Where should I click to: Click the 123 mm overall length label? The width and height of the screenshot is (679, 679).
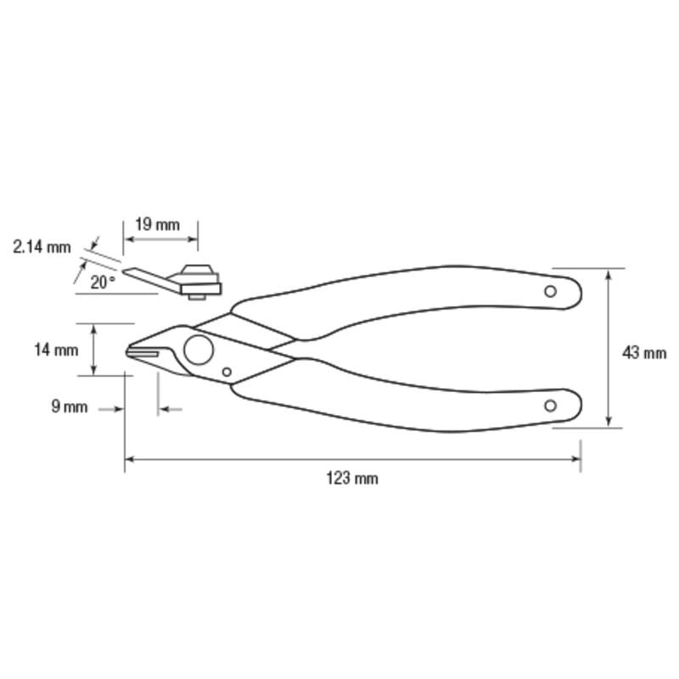pyautogui.click(x=352, y=479)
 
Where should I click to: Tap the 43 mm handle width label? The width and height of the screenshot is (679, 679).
pyautogui.click(x=644, y=353)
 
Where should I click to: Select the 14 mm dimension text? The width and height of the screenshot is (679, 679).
pyautogui.click(x=56, y=350)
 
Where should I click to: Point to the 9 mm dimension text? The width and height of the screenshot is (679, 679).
pyautogui.click(x=70, y=407)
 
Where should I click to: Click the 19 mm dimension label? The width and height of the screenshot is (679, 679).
pyautogui.click(x=157, y=225)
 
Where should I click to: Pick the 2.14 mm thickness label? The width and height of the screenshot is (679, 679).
pyautogui.click(x=42, y=247)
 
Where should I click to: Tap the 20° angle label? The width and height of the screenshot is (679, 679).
pyautogui.click(x=103, y=283)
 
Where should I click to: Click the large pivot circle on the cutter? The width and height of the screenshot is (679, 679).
pyautogui.click(x=199, y=350)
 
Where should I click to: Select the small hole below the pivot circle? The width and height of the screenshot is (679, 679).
pyautogui.click(x=227, y=372)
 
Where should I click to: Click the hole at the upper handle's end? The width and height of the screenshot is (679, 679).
pyautogui.click(x=550, y=291)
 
